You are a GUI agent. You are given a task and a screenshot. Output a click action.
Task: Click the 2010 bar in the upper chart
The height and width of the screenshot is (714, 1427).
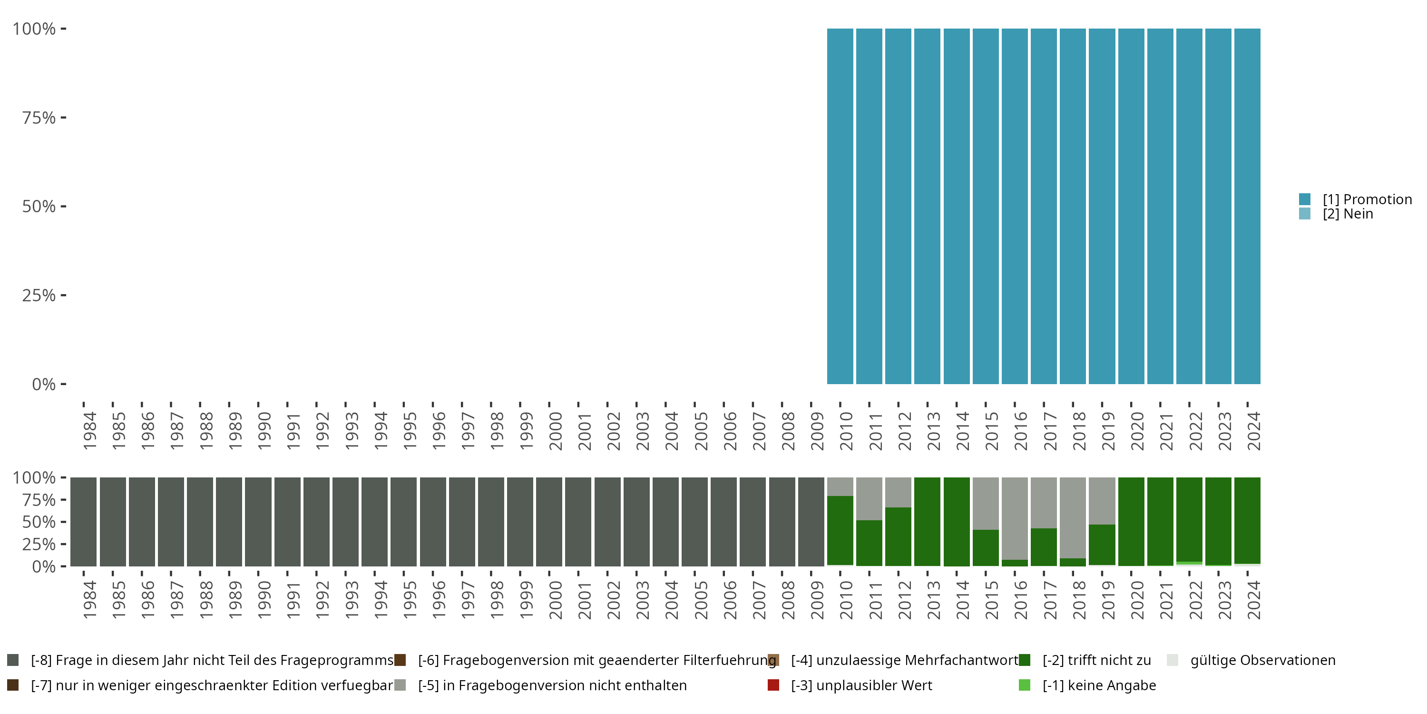click(x=840, y=206)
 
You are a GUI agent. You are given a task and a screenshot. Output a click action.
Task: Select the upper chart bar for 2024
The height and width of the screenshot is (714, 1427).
click(x=1247, y=206)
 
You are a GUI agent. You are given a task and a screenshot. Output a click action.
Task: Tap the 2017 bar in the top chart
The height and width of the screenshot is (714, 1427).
click(x=1044, y=206)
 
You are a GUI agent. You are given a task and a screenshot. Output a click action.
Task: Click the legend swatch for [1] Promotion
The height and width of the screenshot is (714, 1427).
click(x=1305, y=199)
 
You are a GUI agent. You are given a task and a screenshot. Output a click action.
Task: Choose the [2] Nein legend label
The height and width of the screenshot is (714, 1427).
click(x=1347, y=214)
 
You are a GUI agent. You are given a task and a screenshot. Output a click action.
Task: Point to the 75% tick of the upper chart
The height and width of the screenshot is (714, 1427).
click(x=63, y=118)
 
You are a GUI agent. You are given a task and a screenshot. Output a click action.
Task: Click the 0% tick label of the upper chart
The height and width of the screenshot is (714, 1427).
click(x=44, y=384)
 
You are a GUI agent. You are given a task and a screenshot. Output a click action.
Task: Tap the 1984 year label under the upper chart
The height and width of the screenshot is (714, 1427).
click(x=90, y=431)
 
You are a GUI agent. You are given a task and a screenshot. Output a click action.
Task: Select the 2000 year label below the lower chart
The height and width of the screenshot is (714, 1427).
click(x=556, y=600)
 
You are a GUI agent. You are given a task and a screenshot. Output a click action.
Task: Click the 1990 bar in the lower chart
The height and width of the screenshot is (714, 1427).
click(x=258, y=522)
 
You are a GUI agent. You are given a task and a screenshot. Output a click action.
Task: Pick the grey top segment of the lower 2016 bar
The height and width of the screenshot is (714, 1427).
click(x=1014, y=518)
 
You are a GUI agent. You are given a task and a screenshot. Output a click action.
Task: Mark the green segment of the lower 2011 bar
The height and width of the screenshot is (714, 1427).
click(x=869, y=543)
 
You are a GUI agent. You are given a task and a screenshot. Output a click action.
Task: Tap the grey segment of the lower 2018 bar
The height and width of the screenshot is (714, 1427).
click(x=1073, y=517)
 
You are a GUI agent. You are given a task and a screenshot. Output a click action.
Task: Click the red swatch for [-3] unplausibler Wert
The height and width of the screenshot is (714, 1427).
click(x=773, y=685)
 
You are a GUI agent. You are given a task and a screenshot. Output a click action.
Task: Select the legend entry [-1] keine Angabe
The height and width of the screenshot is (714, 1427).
click(x=1099, y=685)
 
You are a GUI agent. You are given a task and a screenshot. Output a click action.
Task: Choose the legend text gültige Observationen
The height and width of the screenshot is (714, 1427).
click(x=1262, y=660)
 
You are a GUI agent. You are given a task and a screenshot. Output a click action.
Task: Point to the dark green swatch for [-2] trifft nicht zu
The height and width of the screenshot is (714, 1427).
click(x=1024, y=660)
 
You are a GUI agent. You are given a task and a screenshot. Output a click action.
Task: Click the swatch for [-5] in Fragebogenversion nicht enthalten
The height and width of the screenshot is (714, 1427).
click(x=400, y=685)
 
